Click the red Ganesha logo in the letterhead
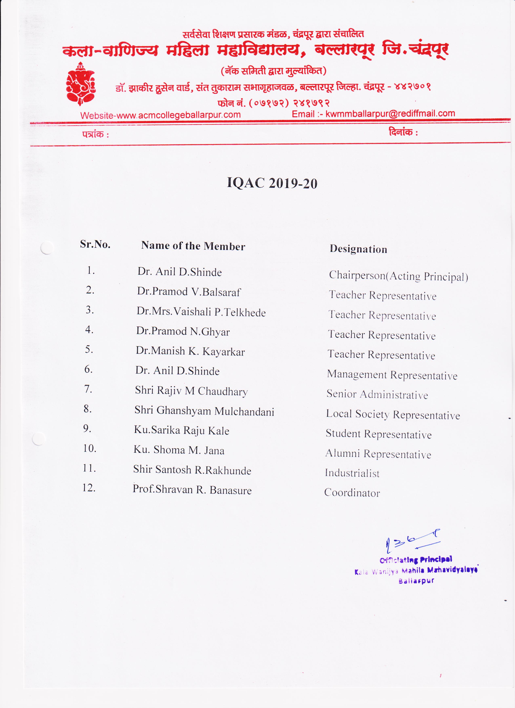coord(81,83)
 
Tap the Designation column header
coord(358,249)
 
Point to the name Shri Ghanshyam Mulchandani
coord(204,411)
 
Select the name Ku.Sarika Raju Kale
coord(181,430)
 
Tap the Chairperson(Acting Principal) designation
coord(398,276)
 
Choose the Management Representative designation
coord(392,375)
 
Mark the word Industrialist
coord(352,473)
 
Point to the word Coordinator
coord(352,493)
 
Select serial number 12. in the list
coord(89,488)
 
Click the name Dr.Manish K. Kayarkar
coord(190,351)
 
